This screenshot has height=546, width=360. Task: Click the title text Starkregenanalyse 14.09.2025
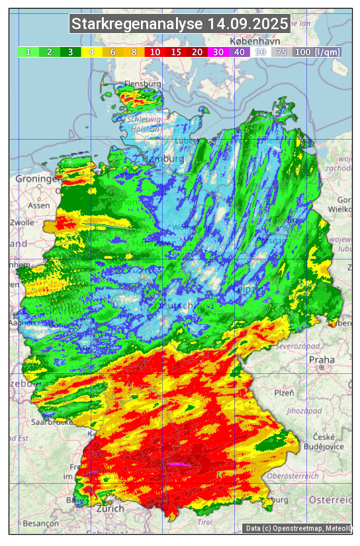(x=180, y=24)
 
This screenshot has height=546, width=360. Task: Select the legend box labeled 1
(x=28, y=52)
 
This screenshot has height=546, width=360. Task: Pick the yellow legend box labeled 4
(x=91, y=52)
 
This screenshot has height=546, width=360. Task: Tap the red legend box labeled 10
(x=155, y=52)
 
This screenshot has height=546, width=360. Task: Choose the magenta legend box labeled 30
(x=218, y=52)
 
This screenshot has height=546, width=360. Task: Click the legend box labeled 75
(x=281, y=52)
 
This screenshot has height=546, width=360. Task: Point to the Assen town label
(x=39, y=205)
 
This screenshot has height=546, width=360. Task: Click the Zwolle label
(x=21, y=222)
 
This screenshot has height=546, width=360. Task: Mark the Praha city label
(x=322, y=359)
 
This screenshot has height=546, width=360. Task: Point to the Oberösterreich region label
(x=293, y=475)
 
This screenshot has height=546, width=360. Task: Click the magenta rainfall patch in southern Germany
(x=179, y=465)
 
